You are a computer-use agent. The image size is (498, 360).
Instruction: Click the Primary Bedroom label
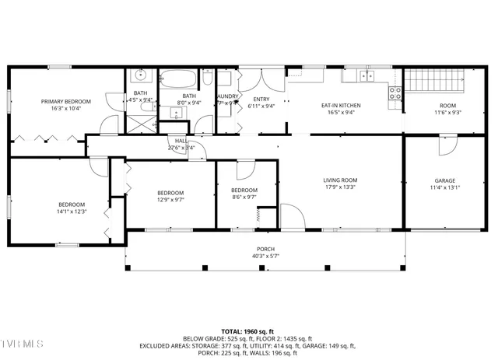tap(66, 102)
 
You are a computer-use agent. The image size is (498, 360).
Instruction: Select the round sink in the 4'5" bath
tap(140, 76)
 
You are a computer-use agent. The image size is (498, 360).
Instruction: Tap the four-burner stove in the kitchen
tap(395, 93)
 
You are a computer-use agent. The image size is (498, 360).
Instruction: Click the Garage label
tap(445, 180)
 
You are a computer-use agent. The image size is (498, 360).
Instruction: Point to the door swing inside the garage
tap(447, 145)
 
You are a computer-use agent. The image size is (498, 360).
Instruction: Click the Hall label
tap(180, 141)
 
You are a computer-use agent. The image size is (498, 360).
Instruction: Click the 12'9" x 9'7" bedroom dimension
tap(170, 200)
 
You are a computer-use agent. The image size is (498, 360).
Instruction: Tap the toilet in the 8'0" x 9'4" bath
tap(208, 77)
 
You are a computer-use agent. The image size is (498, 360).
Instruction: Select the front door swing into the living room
tap(291, 216)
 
